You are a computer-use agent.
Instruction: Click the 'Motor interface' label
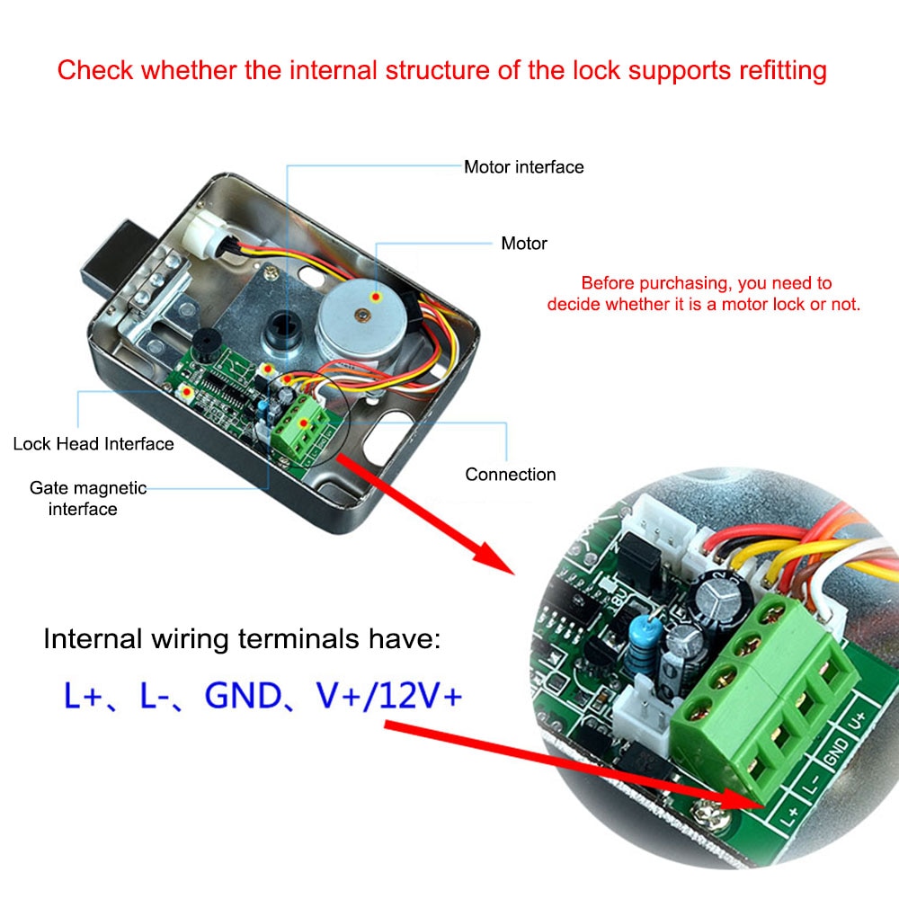tap(523, 167)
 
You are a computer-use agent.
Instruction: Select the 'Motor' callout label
tap(523, 244)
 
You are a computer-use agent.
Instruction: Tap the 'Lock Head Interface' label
tap(93, 443)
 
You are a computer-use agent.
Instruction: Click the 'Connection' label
tap(511, 474)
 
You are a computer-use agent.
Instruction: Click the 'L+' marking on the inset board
tap(790, 814)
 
